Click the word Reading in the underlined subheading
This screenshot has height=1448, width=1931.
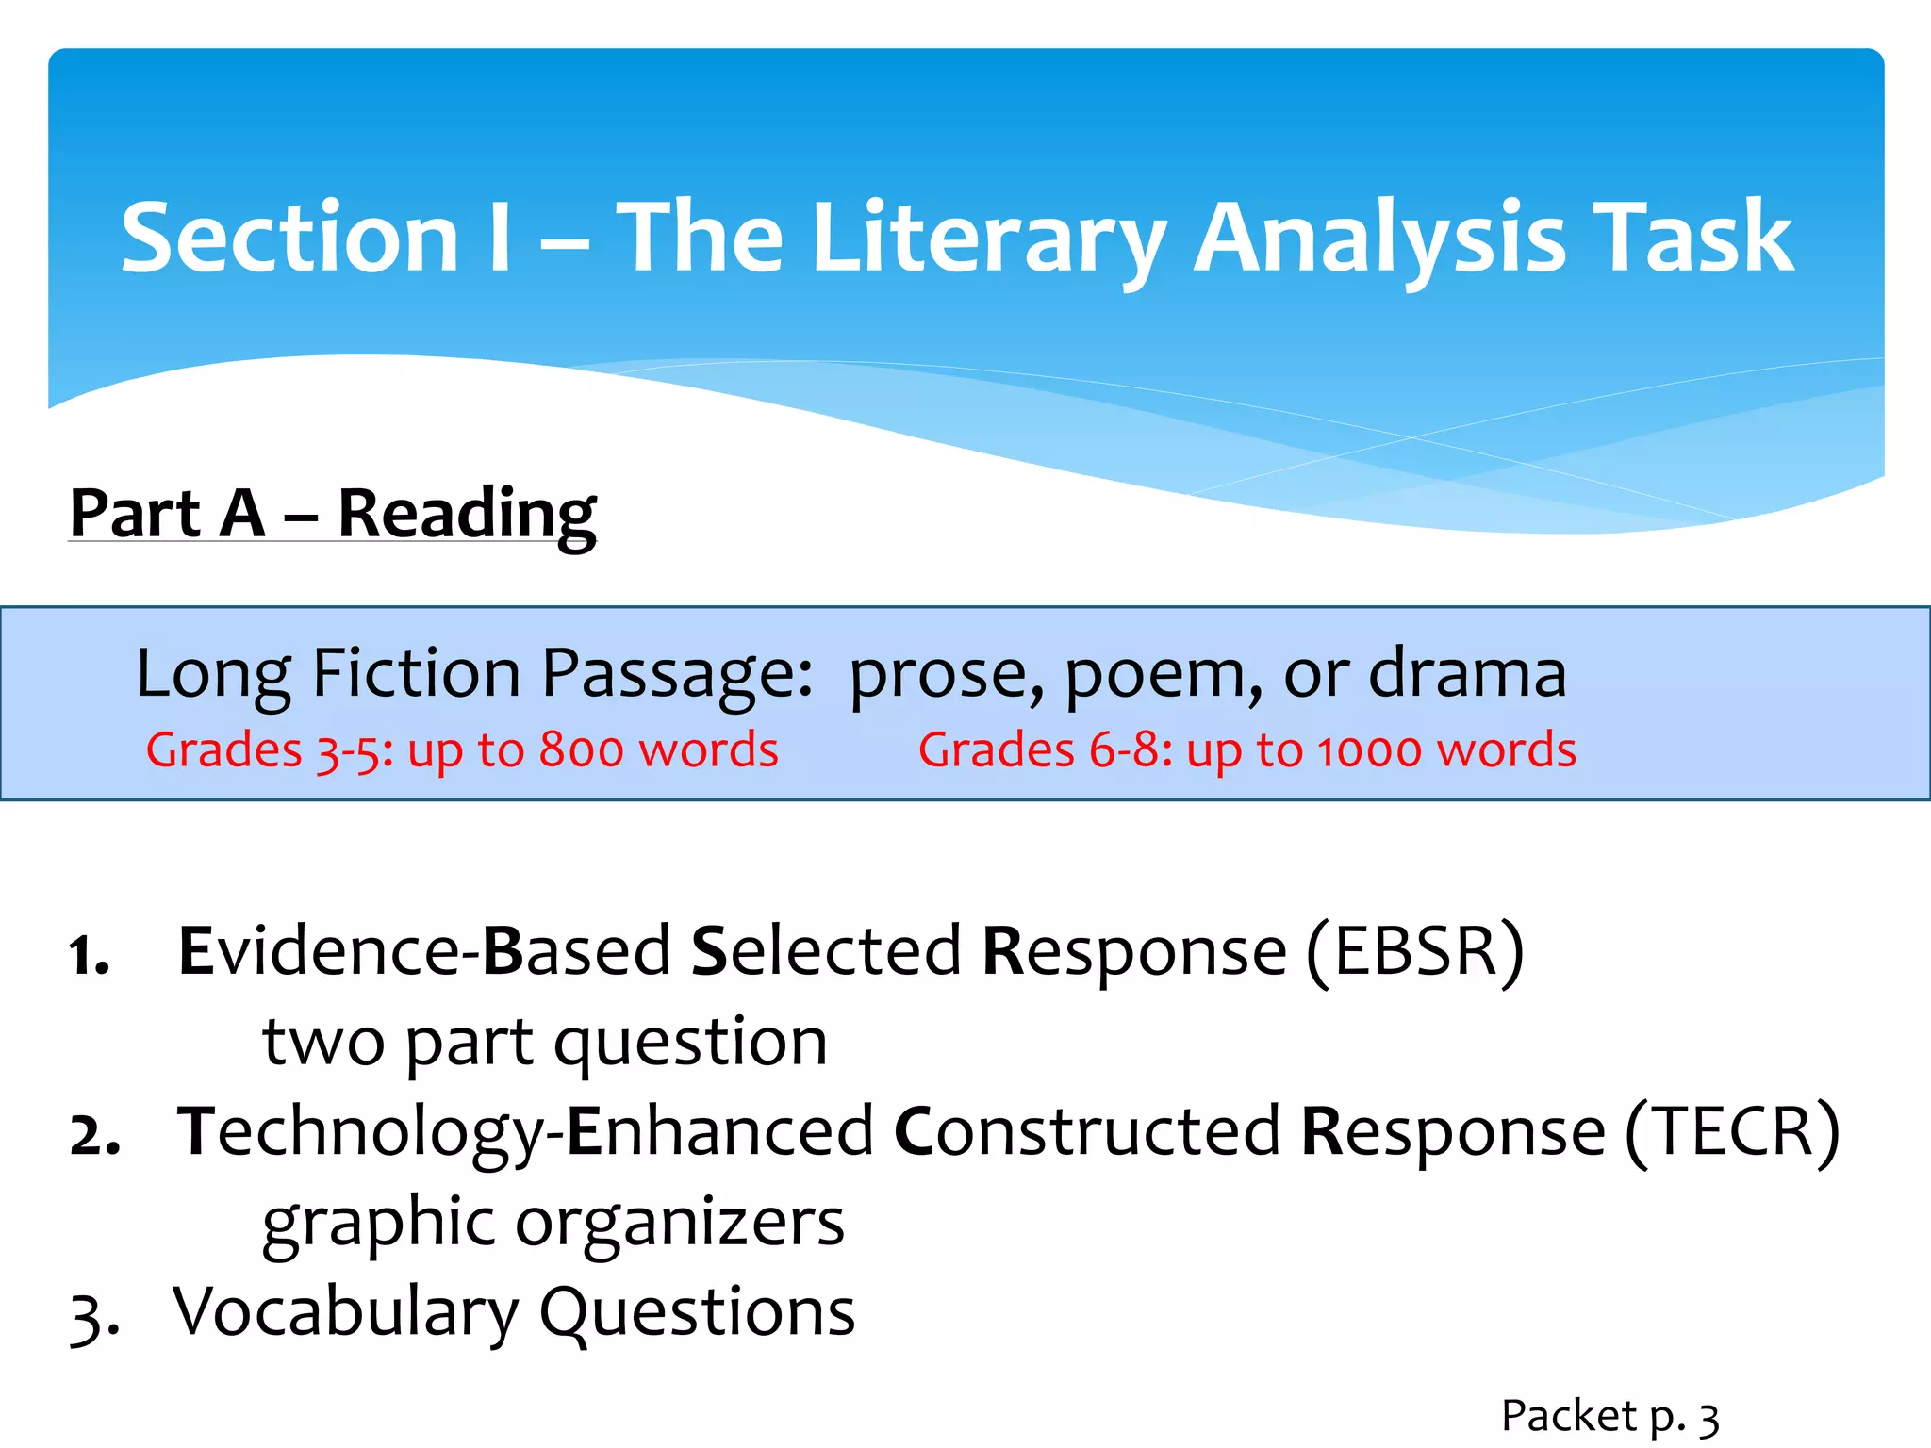(467, 515)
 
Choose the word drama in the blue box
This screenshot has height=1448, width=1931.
(1467, 673)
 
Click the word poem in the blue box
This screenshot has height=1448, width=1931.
(1164, 675)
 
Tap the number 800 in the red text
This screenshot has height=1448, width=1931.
(581, 750)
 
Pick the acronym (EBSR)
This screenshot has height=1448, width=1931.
(1414, 952)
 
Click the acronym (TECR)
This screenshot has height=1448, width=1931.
(1731, 1131)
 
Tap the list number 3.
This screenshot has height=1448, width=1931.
(92, 1316)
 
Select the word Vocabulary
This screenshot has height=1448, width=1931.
(346, 1312)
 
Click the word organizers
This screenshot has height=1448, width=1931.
(680, 1223)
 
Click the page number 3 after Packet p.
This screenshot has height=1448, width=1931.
(1708, 1418)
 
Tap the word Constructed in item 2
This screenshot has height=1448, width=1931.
(1087, 1131)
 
